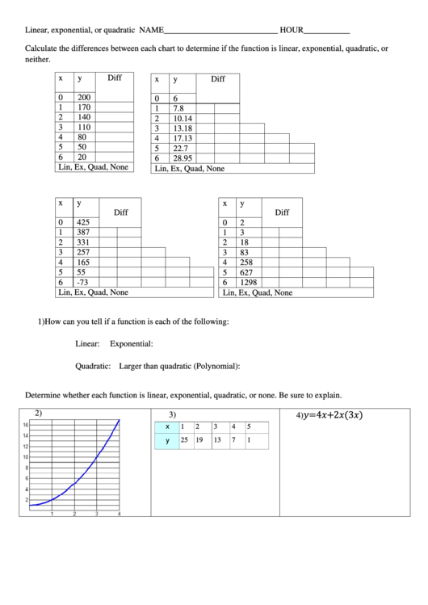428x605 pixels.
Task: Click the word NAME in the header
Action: click(x=151, y=30)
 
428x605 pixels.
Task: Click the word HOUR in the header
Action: click(x=292, y=30)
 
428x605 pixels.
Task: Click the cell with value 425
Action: click(x=83, y=222)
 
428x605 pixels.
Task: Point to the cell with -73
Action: click(x=82, y=283)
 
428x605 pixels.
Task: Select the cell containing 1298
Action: click(x=250, y=283)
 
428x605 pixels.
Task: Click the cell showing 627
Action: click(x=247, y=272)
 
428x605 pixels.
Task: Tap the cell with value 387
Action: click(x=83, y=232)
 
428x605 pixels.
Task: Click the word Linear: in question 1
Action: click(x=87, y=343)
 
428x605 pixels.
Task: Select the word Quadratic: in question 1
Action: click(x=93, y=366)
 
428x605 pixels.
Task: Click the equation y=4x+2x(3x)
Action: click(x=332, y=415)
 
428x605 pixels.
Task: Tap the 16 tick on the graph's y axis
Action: click(x=25, y=425)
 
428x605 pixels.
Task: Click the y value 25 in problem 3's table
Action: click(x=185, y=440)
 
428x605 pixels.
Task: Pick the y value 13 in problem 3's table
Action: click(x=216, y=440)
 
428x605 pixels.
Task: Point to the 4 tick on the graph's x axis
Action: click(x=119, y=514)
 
